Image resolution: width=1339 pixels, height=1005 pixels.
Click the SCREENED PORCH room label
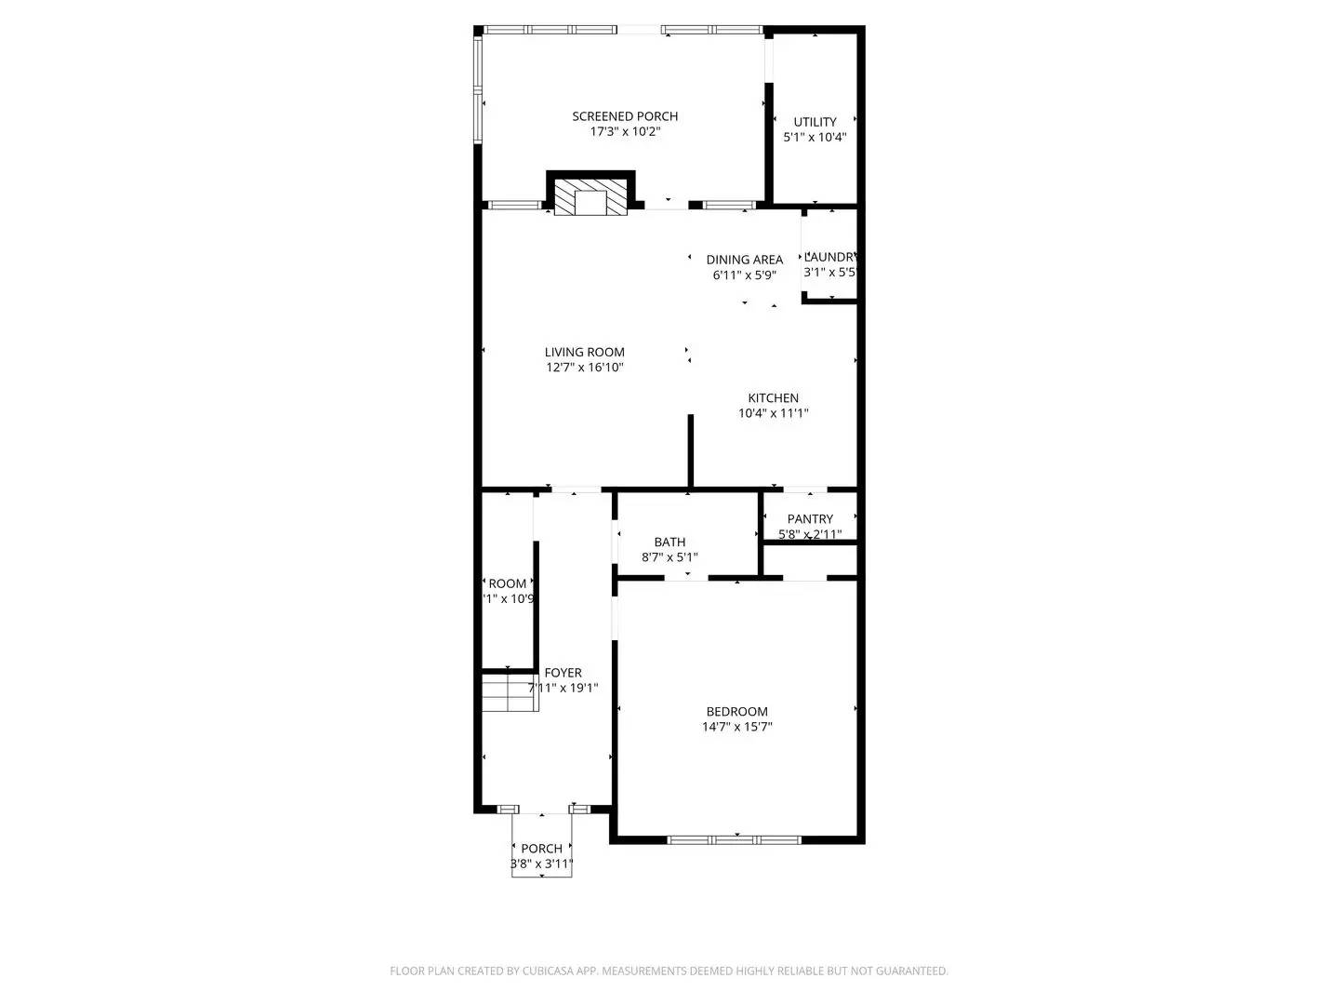(x=625, y=116)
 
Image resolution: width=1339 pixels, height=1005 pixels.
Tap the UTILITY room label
(x=815, y=122)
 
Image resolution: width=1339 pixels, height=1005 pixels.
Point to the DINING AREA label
(x=744, y=260)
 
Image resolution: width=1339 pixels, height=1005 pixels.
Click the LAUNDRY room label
(x=829, y=257)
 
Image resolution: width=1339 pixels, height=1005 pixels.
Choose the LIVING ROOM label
(x=584, y=352)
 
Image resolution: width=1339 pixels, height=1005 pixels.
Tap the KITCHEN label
(x=773, y=397)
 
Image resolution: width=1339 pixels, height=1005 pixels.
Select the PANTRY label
(x=810, y=518)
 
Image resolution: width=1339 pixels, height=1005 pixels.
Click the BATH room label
(x=669, y=542)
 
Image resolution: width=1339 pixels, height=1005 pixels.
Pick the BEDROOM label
(x=736, y=711)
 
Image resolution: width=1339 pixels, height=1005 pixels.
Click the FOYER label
(x=563, y=673)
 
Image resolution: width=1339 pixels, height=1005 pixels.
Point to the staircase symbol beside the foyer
(x=510, y=693)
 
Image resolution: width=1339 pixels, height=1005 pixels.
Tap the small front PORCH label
(x=541, y=849)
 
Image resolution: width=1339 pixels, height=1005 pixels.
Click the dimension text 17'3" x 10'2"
(x=625, y=132)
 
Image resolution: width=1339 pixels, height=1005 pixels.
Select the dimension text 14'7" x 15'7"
(x=736, y=727)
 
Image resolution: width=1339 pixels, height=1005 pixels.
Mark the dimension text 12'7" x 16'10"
(x=584, y=368)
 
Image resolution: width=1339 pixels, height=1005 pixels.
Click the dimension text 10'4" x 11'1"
(x=773, y=413)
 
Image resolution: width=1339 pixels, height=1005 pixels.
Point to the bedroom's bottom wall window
(x=734, y=839)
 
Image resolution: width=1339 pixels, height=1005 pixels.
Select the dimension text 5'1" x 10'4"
(x=815, y=138)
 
